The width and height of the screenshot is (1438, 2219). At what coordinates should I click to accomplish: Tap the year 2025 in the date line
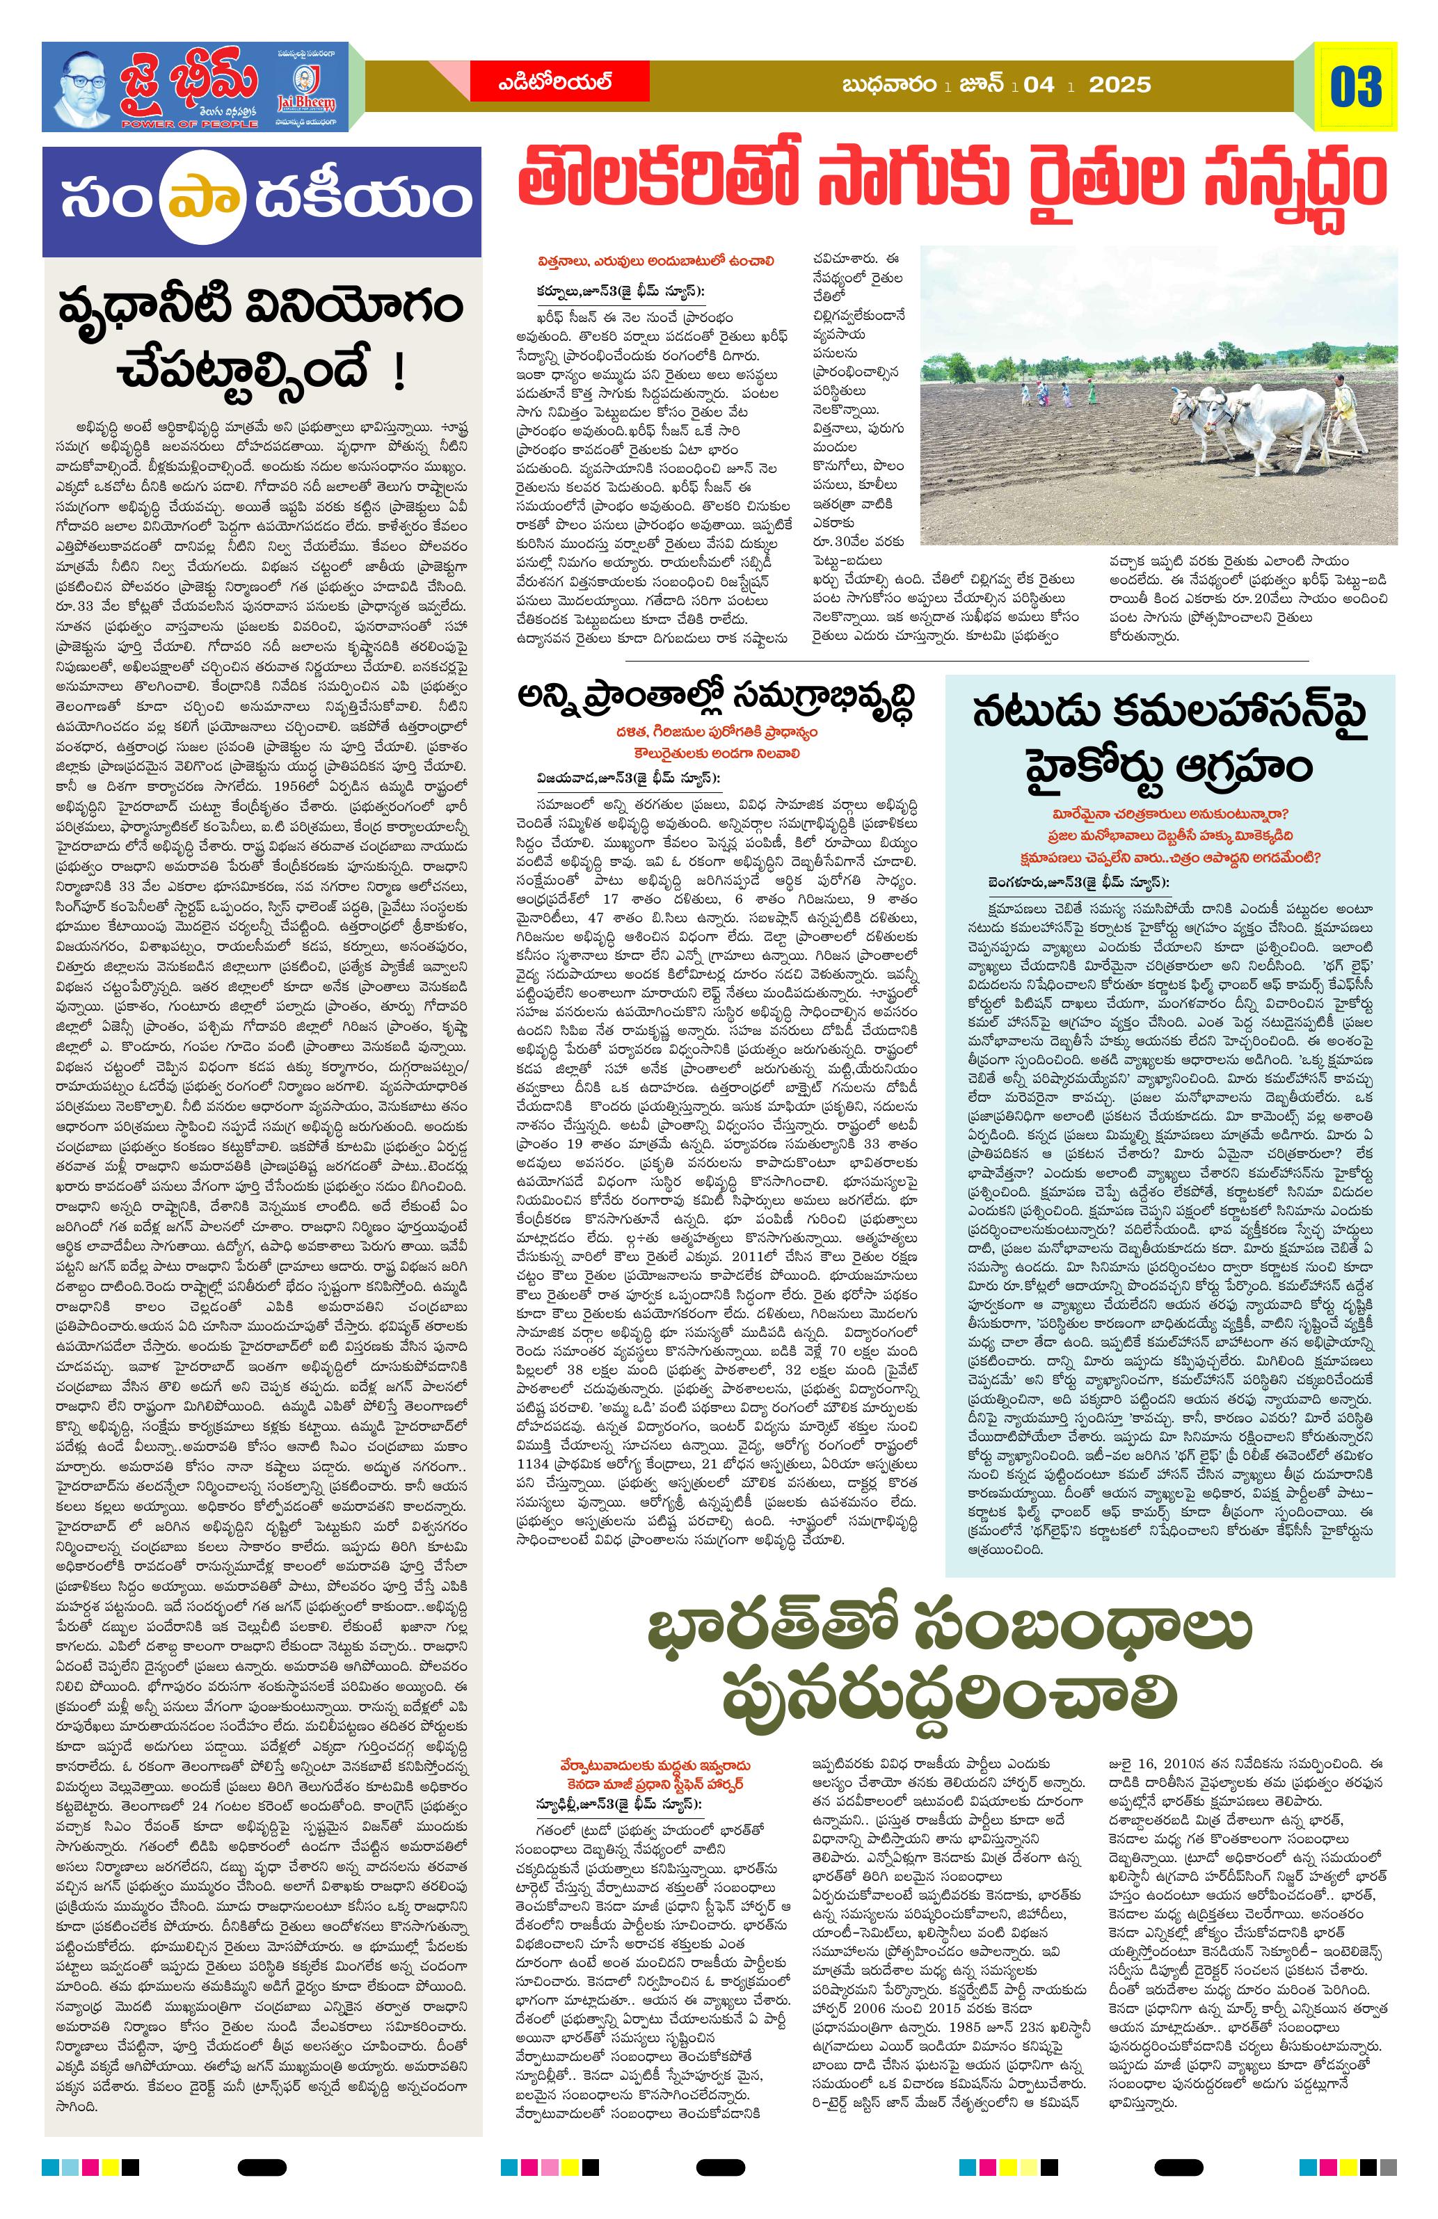[x=1120, y=85]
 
